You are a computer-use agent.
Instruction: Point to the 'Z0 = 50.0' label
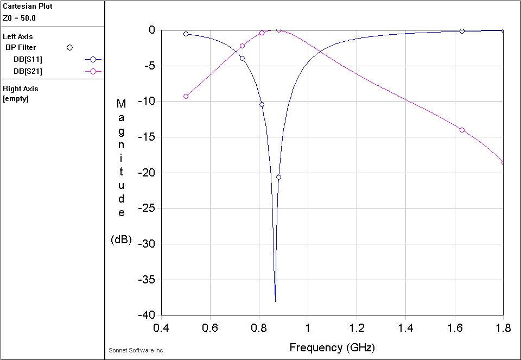point(19,18)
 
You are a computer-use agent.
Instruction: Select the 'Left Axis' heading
point(18,37)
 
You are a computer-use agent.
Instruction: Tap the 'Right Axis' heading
point(21,89)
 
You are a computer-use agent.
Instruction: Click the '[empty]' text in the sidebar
point(16,99)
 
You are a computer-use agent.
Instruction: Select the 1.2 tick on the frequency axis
point(357,328)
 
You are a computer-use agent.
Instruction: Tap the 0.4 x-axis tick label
point(161,328)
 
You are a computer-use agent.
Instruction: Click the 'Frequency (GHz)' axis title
point(332,348)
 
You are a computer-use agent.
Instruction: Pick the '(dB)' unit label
point(121,239)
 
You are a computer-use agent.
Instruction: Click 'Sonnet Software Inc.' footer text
point(136,351)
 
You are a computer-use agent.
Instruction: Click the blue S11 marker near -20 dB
point(278,177)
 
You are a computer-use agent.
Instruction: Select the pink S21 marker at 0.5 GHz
point(186,96)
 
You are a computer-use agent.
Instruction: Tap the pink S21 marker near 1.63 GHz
point(462,130)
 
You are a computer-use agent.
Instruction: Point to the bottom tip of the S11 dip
point(275,301)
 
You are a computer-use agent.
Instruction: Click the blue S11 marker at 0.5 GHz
point(186,34)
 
